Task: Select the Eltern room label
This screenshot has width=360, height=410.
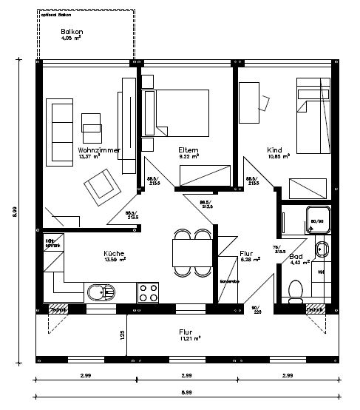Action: coord(189,150)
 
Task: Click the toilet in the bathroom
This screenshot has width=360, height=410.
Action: coord(295,287)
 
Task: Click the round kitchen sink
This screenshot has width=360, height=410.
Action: coord(96,292)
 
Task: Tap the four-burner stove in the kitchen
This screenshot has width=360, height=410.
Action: coord(147,292)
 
